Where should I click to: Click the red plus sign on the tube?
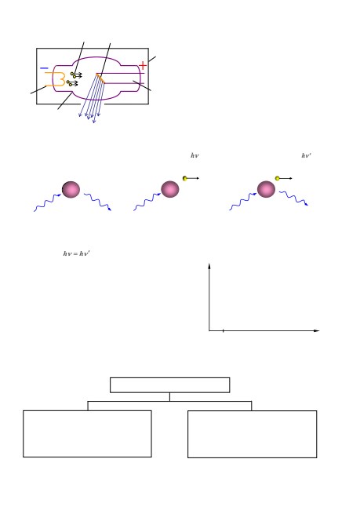click(x=143, y=65)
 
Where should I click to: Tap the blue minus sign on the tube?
click(x=44, y=68)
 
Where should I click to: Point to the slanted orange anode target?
click(x=100, y=78)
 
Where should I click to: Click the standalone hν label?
click(x=195, y=155)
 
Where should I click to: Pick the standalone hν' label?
click(x=307, y=155)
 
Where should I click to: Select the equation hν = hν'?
click(x=76, y=253)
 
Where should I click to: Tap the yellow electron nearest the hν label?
click(x=185, y=178)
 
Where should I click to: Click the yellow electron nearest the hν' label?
click(x=278, y=178)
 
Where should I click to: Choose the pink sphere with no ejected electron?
click(x=71, y=189)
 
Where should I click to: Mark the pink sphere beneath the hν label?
click(x=170, y=189)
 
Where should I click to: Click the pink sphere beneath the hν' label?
click(x=267, y=189)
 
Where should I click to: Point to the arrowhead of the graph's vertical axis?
click(x=209, y=266)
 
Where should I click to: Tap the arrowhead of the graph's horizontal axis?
click(x=317, y=331)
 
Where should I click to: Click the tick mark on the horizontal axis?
click(x=223, y=331)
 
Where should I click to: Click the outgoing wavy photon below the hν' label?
click(x=293, y=198)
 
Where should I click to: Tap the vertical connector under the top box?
click(x=169, y=397)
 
